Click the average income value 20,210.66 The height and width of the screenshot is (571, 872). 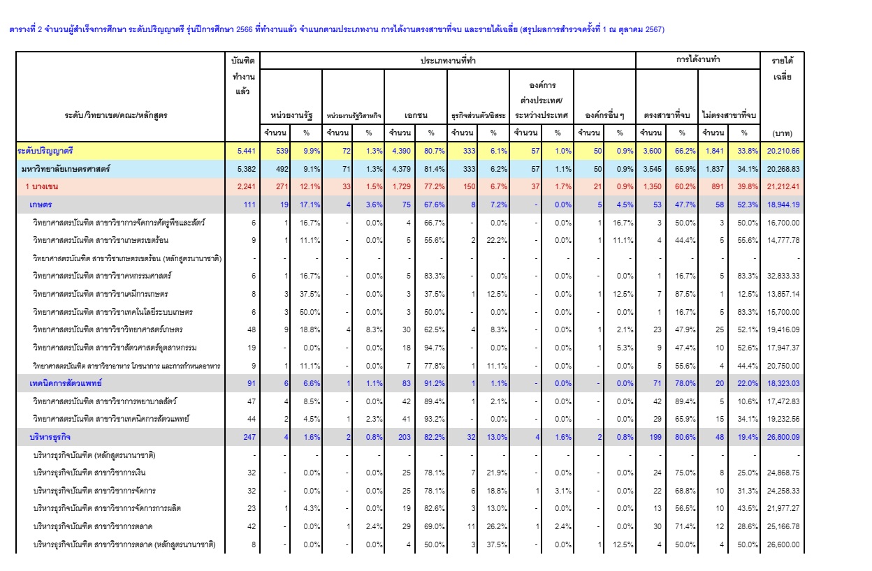point(783,151)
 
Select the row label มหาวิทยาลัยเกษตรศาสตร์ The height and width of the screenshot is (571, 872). point(66,169)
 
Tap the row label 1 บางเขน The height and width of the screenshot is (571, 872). point(42,186)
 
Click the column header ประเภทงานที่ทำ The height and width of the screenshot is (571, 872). point(448,61)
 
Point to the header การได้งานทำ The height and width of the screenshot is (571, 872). point(697,59)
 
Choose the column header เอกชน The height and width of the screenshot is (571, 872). point(416,115)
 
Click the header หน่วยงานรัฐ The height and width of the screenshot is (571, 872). point(291,115)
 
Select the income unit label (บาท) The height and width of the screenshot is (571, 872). point(782,133)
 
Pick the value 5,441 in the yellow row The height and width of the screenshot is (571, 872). point(247,151)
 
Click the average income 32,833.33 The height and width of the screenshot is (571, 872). point(783,276)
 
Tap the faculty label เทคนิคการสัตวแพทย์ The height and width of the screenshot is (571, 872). point(66,383)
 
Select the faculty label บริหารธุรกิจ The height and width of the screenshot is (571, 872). point(50,437)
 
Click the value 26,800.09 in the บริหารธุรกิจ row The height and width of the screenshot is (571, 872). point(783,437)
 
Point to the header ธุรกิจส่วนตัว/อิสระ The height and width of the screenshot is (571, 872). point(479,115)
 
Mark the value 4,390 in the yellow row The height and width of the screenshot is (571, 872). point(401,151)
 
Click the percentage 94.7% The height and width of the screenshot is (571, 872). point(434,348)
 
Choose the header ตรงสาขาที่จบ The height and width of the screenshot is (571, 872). point(667,115)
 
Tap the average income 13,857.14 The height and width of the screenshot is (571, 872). point(783,294)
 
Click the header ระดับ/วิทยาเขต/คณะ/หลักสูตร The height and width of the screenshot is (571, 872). point(116,115)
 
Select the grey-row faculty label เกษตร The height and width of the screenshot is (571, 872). point(41,205)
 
